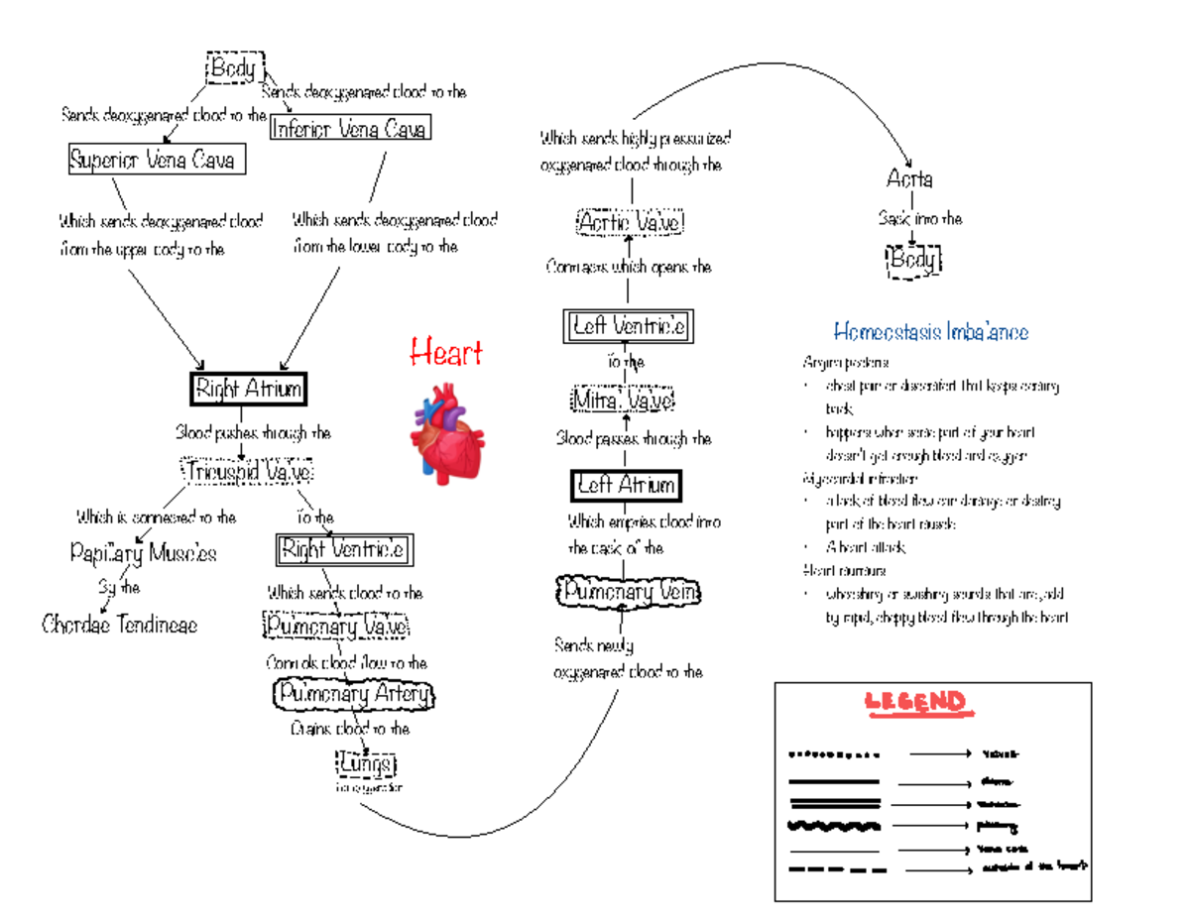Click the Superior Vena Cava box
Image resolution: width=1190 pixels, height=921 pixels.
[x=157, y=159]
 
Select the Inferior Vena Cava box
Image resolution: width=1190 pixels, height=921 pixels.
[x=350, y=129]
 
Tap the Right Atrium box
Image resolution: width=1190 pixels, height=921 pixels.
[x=247, y=389]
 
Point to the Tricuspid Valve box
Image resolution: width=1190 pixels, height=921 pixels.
[x=247, y=472]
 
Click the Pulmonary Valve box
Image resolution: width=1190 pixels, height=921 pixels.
[x=335, y=626]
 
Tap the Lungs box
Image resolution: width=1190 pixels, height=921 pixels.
[x=366, y=764]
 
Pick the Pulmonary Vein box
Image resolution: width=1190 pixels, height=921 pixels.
[x=628, y=592]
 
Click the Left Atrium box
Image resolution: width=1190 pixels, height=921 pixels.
[x=627, y=485]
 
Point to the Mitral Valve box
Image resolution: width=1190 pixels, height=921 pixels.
[x=623, y=401]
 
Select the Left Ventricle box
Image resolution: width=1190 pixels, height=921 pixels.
[x=628, y=325]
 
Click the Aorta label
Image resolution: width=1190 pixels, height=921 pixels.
[x=909, y=179]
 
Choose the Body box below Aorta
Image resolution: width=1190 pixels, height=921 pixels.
[x=912, y=261]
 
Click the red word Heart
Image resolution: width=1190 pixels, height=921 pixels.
[x=446, y=352]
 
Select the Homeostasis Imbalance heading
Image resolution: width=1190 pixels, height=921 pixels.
[x=930, y=331]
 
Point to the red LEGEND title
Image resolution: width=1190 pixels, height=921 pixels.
[x=914, y=702]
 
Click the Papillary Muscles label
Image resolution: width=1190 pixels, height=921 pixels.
[x=143, y=552]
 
